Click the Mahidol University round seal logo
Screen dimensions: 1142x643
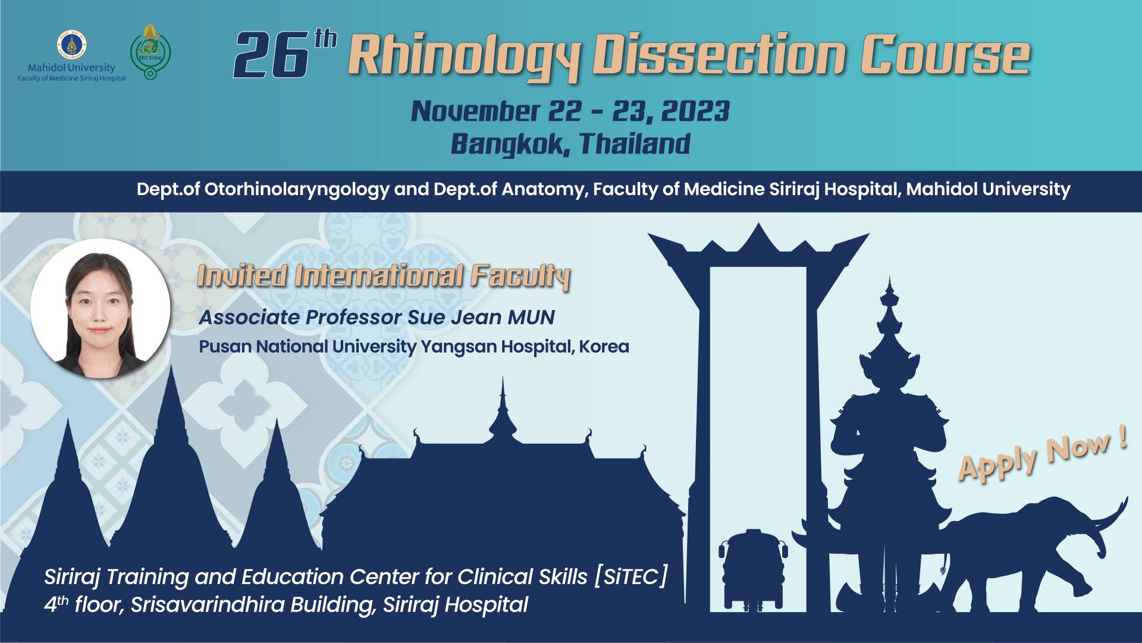tap(72, 45)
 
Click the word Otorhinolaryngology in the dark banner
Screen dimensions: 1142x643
tap(297, 190)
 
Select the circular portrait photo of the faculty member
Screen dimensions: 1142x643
tap(101, 308)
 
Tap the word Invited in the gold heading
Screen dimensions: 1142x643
tap(242, 276)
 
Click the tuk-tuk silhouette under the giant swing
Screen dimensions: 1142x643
tap(753, 569)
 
